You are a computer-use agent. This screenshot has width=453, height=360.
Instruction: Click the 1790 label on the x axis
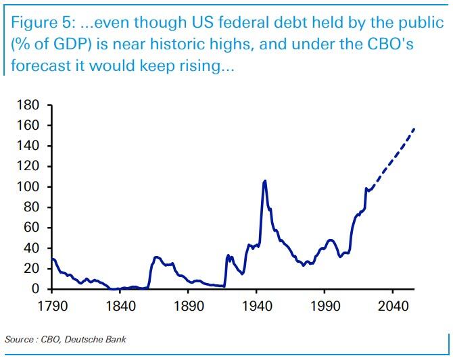53,305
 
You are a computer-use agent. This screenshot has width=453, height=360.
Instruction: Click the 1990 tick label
324,305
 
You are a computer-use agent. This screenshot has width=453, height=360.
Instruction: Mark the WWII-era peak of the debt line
264,180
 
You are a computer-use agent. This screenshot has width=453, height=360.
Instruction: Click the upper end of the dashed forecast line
414,128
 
